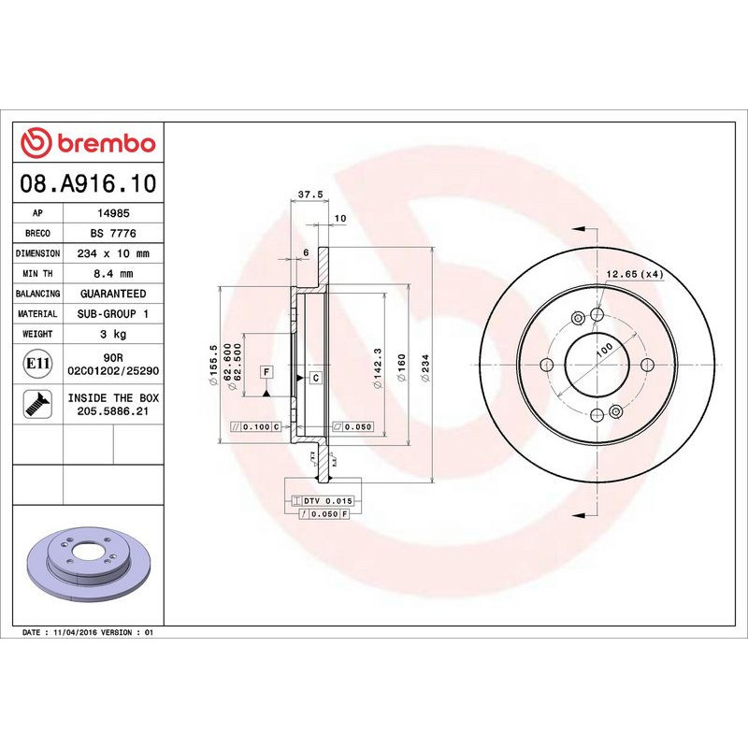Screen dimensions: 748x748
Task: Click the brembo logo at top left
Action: pyautogui.click(x=88, y=144)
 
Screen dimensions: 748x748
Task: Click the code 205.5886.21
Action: pyautogui.click(x=113, y=410)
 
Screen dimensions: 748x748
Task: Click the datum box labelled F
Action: pyautogui.click(x=266, y=372)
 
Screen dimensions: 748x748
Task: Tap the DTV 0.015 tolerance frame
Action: pyautogui.click(x=322, y=502)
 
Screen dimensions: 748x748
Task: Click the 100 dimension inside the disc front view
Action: pyautogui.click(x=604, y=348)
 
